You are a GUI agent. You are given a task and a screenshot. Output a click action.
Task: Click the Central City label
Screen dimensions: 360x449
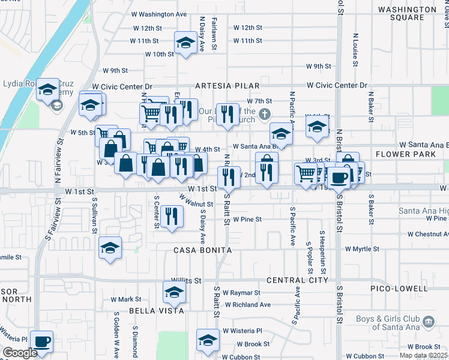click(297, 280)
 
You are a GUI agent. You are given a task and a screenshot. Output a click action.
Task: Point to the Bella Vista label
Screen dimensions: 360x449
click(151, 311)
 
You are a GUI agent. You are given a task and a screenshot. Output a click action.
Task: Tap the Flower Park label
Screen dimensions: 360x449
click(405, 154)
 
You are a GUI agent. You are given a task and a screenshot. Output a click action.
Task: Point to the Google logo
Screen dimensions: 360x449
click(20, 353)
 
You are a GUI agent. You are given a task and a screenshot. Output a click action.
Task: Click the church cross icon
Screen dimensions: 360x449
click(265, 112)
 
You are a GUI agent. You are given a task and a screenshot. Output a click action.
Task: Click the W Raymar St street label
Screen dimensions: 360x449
click(241, 293)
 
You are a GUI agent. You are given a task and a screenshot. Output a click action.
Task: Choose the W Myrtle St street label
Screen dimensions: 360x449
click(364, 248)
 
